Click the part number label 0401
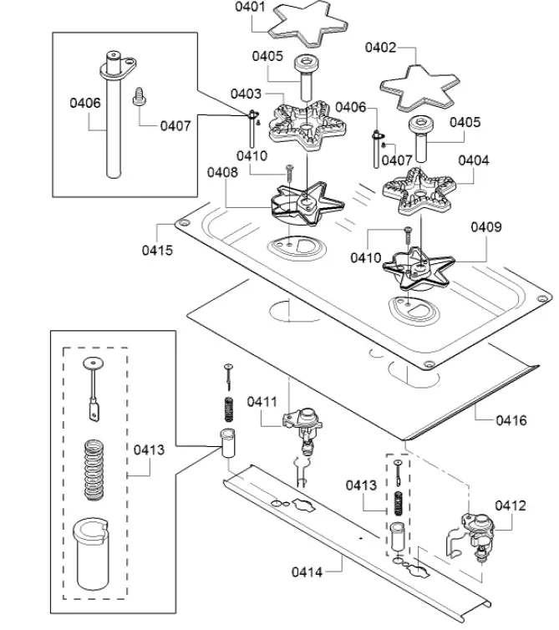click(x=250, y=7)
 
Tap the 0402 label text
click(x=380, y=48)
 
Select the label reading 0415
click(x=157, y=251)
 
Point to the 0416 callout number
click(x=511, y=420)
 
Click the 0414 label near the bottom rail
click(x=307, y=572)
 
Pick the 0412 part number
click(x=511, y=506)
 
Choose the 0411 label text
click(x=262, y=401)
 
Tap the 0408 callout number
click(x=222, y=172)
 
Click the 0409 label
click(x=486, y=227)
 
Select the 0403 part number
click(x=246, y=94)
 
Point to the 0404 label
click(x=474, y=160)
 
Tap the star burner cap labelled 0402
click(x=418, y=88)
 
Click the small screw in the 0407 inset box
click(x=139, y=96)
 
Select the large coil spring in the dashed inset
click(x=94, y=470)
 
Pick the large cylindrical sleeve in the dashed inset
click(x=91, y=556)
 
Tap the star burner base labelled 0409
click(x=419, y=267)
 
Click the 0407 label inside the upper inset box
click(x=175, y=126)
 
